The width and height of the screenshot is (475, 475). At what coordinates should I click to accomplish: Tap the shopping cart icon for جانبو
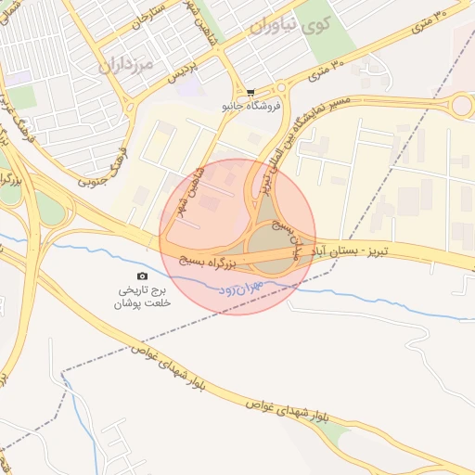[250, 92]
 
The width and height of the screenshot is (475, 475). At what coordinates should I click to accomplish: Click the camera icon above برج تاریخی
[142, 276]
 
